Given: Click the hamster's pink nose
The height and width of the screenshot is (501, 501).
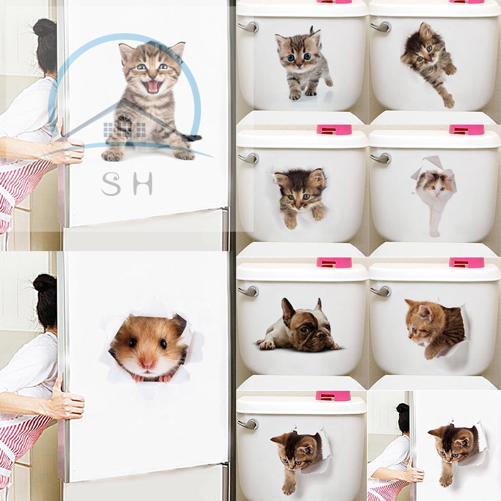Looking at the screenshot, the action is click(x=147, y=363).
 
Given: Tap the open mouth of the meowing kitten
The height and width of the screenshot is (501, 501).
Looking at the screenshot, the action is click(x=153, y=86).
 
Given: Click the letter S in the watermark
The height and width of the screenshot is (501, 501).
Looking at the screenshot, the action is click(x=111, y=184).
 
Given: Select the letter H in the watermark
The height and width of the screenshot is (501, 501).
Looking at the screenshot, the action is click(x=143, y=184).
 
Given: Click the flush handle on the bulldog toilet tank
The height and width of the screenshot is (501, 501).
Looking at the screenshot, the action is click(x=249, y=291).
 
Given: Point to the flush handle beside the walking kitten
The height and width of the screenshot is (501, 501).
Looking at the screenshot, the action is click(x=249, y=27).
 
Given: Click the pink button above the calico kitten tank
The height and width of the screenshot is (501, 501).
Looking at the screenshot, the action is click(x=466, y=130).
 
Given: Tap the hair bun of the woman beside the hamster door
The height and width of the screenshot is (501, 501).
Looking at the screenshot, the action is click(x=44, y=281).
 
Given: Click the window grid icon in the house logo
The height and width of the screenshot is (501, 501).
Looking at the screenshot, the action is click(x=124, y=130).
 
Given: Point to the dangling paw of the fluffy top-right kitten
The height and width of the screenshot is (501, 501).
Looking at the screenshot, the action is click(x=449, y=101).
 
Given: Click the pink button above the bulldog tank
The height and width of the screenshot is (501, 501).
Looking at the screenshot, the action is click(x=334, y=262).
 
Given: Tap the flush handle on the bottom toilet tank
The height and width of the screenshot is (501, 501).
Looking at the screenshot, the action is click(x=248, y=424).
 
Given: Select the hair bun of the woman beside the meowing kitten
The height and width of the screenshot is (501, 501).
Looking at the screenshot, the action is click(x=44, y=28).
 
